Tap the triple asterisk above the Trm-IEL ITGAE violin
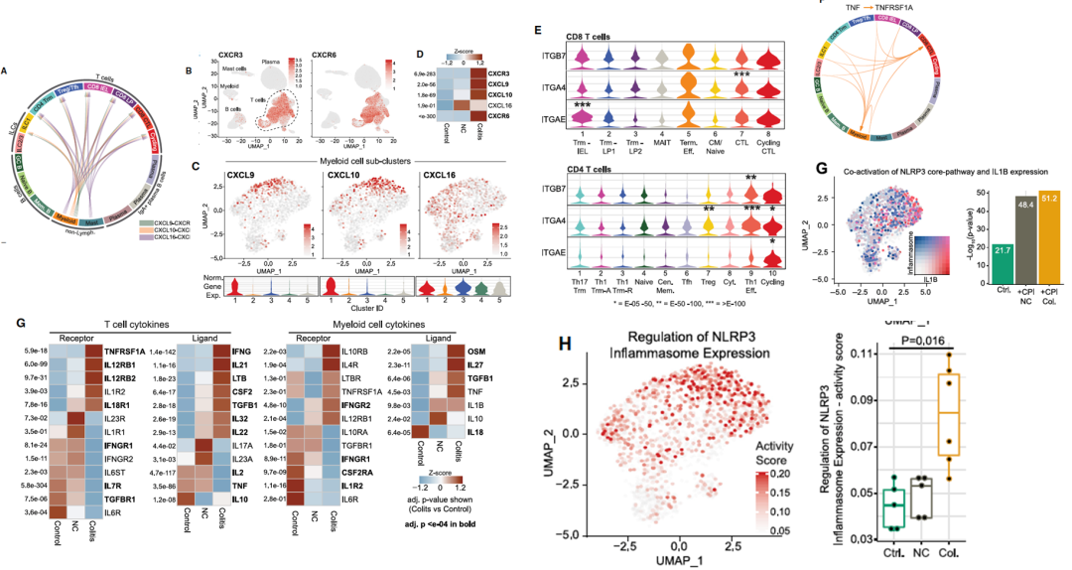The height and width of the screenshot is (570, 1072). point(583,105)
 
